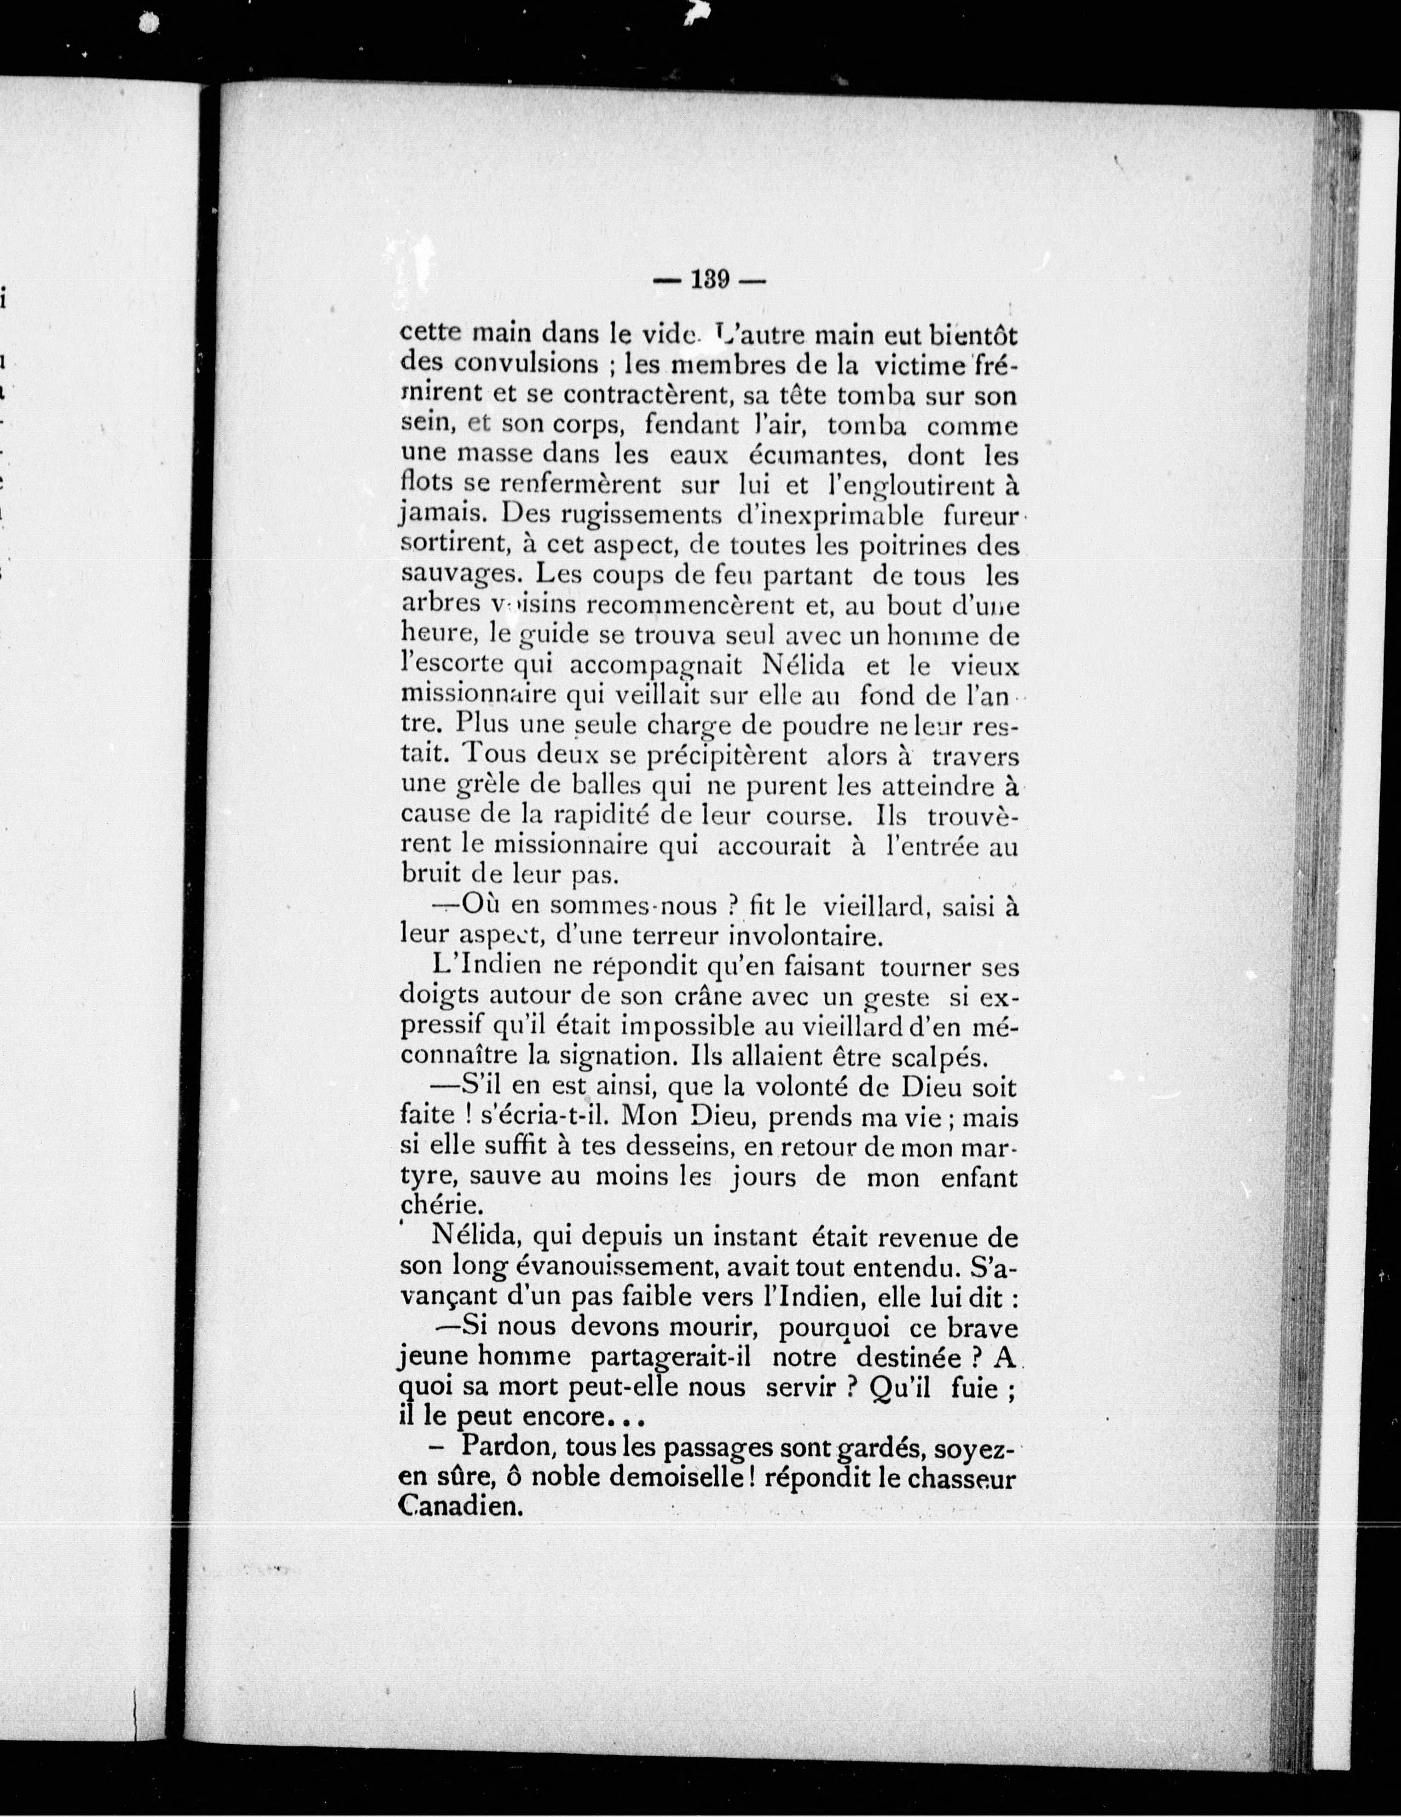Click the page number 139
(x=710, y=280)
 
